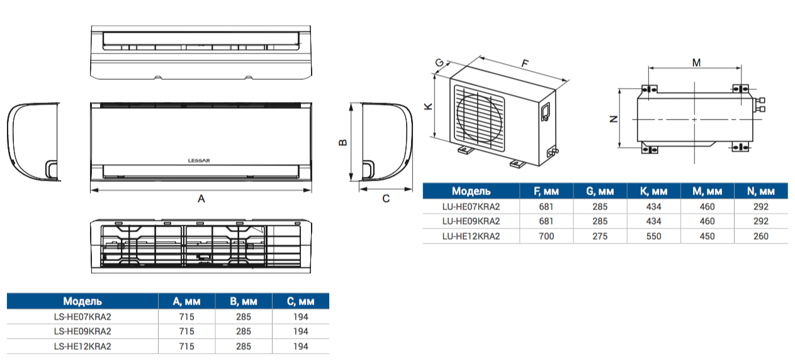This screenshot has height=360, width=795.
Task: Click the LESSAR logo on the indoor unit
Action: [199, 160]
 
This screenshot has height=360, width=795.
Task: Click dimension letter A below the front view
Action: [201, 199]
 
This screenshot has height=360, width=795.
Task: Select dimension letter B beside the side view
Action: [343, 142]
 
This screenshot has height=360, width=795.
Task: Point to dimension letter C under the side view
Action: [386, 199]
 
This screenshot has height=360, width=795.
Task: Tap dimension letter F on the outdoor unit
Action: [525, 63]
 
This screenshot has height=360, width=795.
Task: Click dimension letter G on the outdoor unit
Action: [439, 63]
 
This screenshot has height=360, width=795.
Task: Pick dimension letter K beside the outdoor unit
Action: [429, 106]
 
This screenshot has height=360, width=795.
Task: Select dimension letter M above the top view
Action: [696, 63]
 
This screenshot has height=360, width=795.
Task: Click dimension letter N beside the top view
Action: [614, 120]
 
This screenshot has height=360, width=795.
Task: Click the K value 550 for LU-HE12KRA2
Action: [654, 236]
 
